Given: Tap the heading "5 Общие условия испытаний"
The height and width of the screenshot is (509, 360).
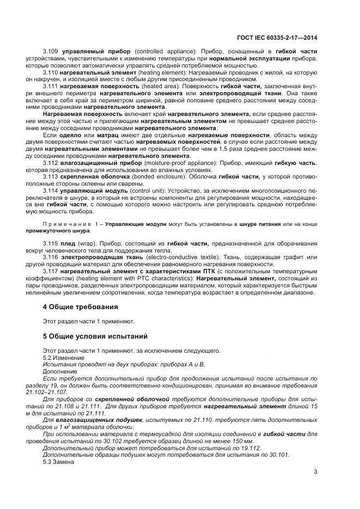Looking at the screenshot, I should click(95, 336).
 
